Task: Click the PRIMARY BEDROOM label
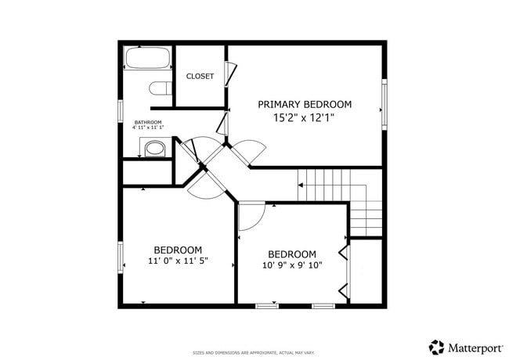(305, 104)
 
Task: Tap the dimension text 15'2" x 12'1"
(305, 119)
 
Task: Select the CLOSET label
(200, 77)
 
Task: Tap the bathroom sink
(153, 147)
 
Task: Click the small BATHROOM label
(147, 123)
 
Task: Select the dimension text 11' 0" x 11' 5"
(178, 261)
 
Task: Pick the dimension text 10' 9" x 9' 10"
(292, 265)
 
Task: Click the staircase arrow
(301, 185)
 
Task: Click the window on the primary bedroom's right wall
(384, 103)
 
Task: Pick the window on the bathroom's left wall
(120, 110)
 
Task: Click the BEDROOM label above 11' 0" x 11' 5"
(178, 250)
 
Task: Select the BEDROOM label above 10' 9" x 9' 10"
(292, 254)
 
